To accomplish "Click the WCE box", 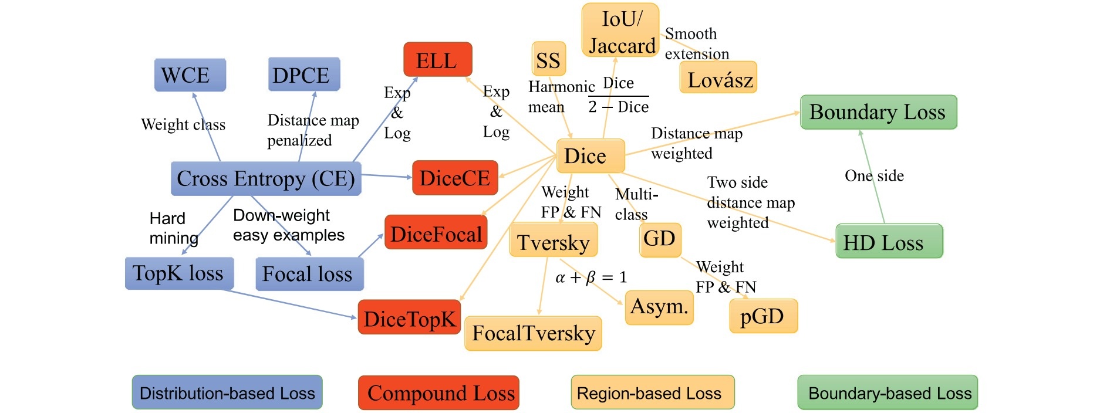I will point(190,75).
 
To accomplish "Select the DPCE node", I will point(304,75).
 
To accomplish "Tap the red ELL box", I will point(438,60).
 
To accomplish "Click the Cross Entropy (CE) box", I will point(266,178).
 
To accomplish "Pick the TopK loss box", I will point(179,273).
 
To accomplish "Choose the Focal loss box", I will point(309,274).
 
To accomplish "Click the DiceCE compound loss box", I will point(455,178).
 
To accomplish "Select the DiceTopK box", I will point(409,317).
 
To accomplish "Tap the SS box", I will point(549,59).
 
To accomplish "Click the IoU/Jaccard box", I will point(620,31).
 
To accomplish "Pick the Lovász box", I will point(718,78).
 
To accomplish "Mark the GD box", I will point(660,239).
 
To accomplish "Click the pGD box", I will point(763,316).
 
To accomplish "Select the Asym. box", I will point(659,307).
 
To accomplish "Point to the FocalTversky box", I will point(533,333).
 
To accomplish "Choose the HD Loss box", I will point(889,241).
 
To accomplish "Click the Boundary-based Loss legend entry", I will point(887,392).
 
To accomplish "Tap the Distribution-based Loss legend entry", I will point(227,392).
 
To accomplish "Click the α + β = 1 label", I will point(591,277).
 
